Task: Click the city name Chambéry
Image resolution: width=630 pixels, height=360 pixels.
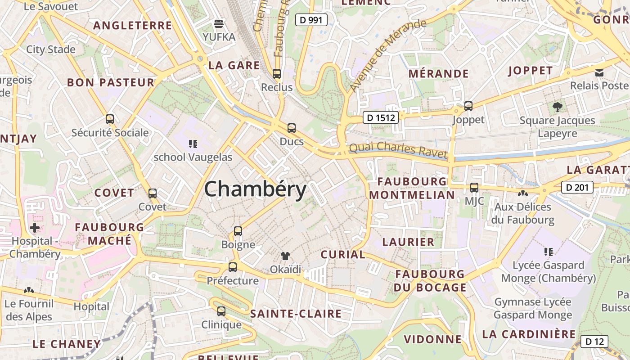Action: pyautogui.click(x=255, y=189)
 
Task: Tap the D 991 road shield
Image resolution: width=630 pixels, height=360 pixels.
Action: pyautogui.click(x=311, y=19)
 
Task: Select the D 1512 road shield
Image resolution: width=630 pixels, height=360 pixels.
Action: pyautogui.click(x=381, y=118)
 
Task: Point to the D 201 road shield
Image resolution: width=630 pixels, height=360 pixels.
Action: pyautogui.click(x=577, y=187)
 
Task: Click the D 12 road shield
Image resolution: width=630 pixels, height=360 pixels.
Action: pyautogui.click(x=594, y=342)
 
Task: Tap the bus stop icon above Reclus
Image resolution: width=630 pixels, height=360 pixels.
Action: pyautogui.click(x=276, y=73)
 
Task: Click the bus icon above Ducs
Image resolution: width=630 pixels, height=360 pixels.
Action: pyautogui.click(x=292, y=128)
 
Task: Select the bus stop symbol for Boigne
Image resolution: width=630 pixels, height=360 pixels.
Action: pyautogui.click(x=238, y=231)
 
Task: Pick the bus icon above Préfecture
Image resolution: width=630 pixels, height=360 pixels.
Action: pyautogui.click(x=233, y=267)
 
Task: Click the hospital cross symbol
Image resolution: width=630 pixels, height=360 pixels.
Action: pyautogui.click(x=35, y=228)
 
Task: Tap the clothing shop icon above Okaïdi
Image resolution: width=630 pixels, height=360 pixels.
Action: pyautogui.click(x=285, y=256)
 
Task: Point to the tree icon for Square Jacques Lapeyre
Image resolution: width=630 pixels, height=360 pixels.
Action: pyautogui.click(x=557, y=107)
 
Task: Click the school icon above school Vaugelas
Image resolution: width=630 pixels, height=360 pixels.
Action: pyautogui.click(x=193, y=144)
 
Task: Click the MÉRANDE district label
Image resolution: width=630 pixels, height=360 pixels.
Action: pyautogui.click(x=438, y=73)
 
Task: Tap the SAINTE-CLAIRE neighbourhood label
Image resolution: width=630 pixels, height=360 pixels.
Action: pyautogui.click(x=296, y=314)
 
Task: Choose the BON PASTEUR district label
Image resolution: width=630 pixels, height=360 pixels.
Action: pyautogui.click(x=111, y=82)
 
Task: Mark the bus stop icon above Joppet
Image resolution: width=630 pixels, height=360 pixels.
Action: pyautogui.click(x=468, y=106)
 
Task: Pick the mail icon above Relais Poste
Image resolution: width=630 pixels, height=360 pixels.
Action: pyautogui.click(x=599, y=72)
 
